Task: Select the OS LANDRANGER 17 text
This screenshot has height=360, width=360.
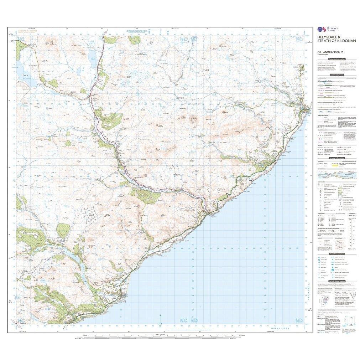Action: click(329, 52)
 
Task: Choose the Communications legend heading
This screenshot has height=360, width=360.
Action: click(336, 75)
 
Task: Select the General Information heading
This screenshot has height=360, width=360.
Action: click(336, 158)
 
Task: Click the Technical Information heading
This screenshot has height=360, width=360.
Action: click(336, 281)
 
